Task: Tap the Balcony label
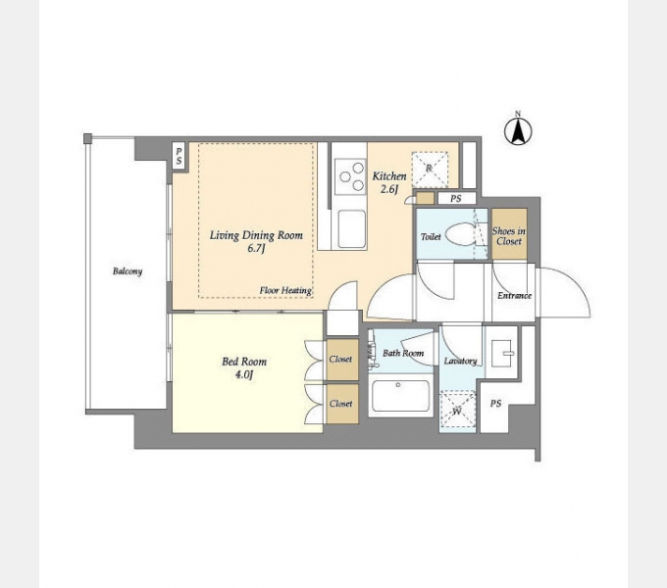[128, 271]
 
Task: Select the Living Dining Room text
[256, 235]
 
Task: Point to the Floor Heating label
[285, 291]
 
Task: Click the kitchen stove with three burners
[350, 176]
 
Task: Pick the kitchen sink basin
[351, 228]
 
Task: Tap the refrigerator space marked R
[430, 170]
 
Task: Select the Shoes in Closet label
[509, 236]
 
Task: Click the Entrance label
[514, 295]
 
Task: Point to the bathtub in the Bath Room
[400, 396]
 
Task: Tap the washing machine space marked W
[457, 410]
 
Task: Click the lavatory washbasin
[502, 353]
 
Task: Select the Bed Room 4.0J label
[244, 367]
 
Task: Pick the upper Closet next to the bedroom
[341, 360]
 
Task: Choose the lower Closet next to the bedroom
[341, 404]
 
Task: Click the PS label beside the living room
[180, 156]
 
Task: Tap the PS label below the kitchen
[456, 198]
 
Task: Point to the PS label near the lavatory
[495, 404]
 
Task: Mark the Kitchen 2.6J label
[389, 182]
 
